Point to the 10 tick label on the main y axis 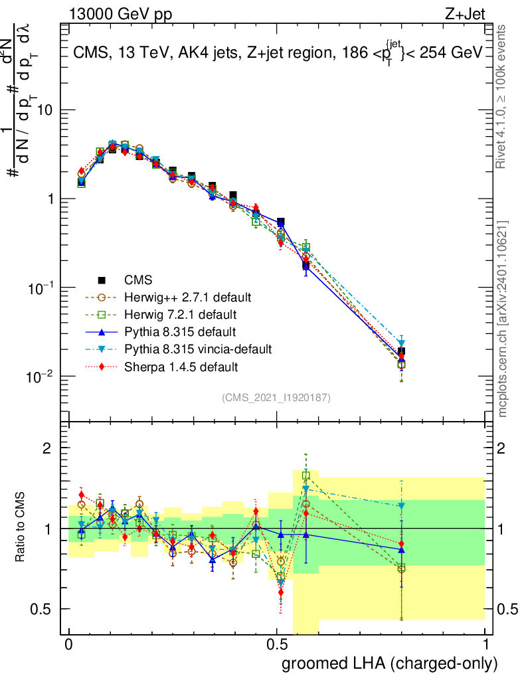coord(46,111)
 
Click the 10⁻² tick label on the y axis coord(41,377)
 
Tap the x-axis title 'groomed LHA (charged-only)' coord(391,663)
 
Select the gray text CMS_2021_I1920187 coord(276,397)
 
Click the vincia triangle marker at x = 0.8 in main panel coord(401,343)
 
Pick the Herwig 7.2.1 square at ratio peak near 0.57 coord(306,475)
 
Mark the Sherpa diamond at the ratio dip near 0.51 coord(281,592)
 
